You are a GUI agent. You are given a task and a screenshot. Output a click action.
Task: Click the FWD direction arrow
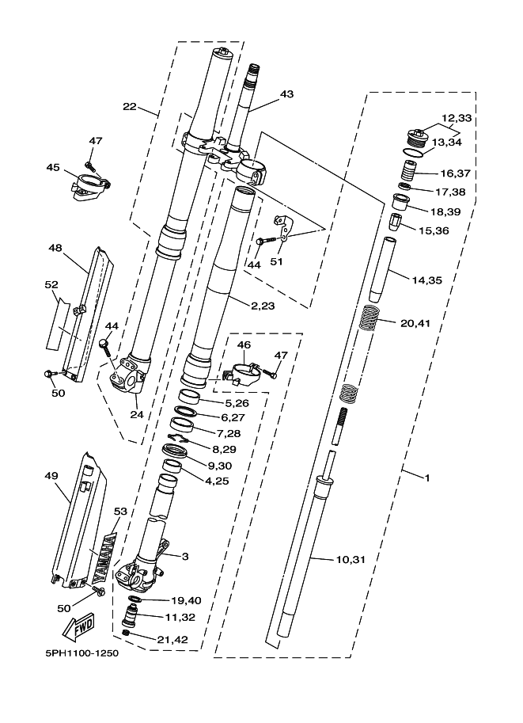(78, 626)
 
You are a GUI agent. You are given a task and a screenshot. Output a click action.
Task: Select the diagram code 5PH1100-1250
(82, 653)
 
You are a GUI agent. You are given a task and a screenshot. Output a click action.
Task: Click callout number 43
(286, 94)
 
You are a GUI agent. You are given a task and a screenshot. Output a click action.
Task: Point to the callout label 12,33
(457, 118)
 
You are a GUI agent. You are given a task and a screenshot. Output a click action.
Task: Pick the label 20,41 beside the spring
(415, 323)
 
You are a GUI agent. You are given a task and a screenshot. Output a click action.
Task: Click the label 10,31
(351, 560)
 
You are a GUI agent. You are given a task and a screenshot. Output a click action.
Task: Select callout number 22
(130, 107)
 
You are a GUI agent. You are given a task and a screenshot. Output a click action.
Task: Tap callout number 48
(55, 248)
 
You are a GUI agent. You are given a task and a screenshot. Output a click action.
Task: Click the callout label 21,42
(172, 640)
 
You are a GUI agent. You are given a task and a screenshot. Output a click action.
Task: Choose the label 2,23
(263, 306)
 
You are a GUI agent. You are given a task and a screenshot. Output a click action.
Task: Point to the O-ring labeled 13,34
(412, 154)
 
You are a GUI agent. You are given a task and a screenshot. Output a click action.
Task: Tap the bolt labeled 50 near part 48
(49, 373)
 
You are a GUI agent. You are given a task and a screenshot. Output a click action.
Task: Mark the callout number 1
(427, 478)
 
